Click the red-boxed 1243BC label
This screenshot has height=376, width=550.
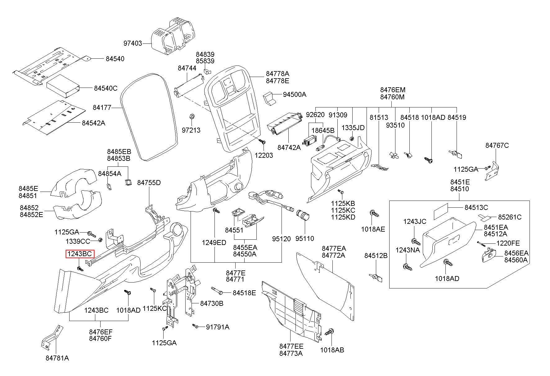tap(80, 254)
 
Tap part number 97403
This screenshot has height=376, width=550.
tap(133, 43)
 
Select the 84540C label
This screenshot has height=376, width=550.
tap(106, 88)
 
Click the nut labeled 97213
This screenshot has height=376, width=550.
tap(192, 116)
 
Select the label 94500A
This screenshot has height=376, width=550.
tap(294, 94)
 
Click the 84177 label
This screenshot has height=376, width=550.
tap(102, 108)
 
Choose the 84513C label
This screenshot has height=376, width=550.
tap(476, 207)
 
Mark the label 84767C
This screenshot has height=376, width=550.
tap(497, 145)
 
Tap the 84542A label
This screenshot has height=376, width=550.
tap(93, 123)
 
